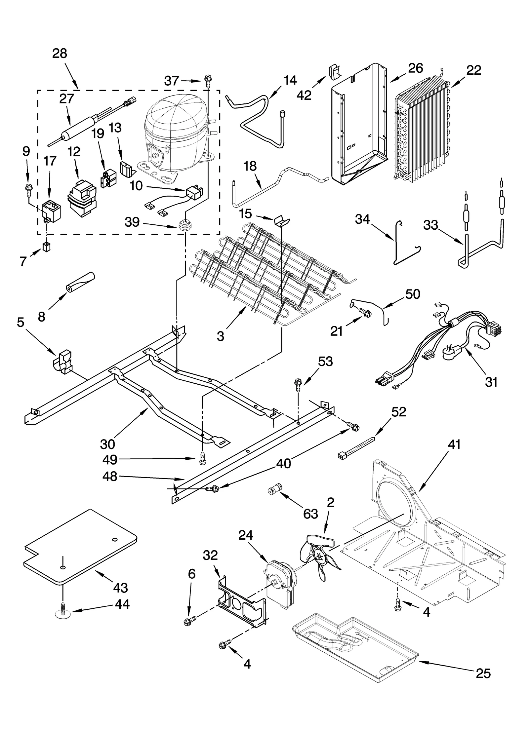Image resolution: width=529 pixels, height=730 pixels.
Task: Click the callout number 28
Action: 60,53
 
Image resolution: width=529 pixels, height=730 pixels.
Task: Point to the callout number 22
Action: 474,70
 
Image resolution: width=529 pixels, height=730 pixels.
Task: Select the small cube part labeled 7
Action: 46,247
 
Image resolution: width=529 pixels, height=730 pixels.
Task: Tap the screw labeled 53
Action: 298,384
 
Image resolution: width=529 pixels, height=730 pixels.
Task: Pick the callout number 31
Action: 491,382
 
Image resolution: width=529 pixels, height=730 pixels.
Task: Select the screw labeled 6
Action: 188,621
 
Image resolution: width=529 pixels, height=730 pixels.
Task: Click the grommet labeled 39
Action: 184,226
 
